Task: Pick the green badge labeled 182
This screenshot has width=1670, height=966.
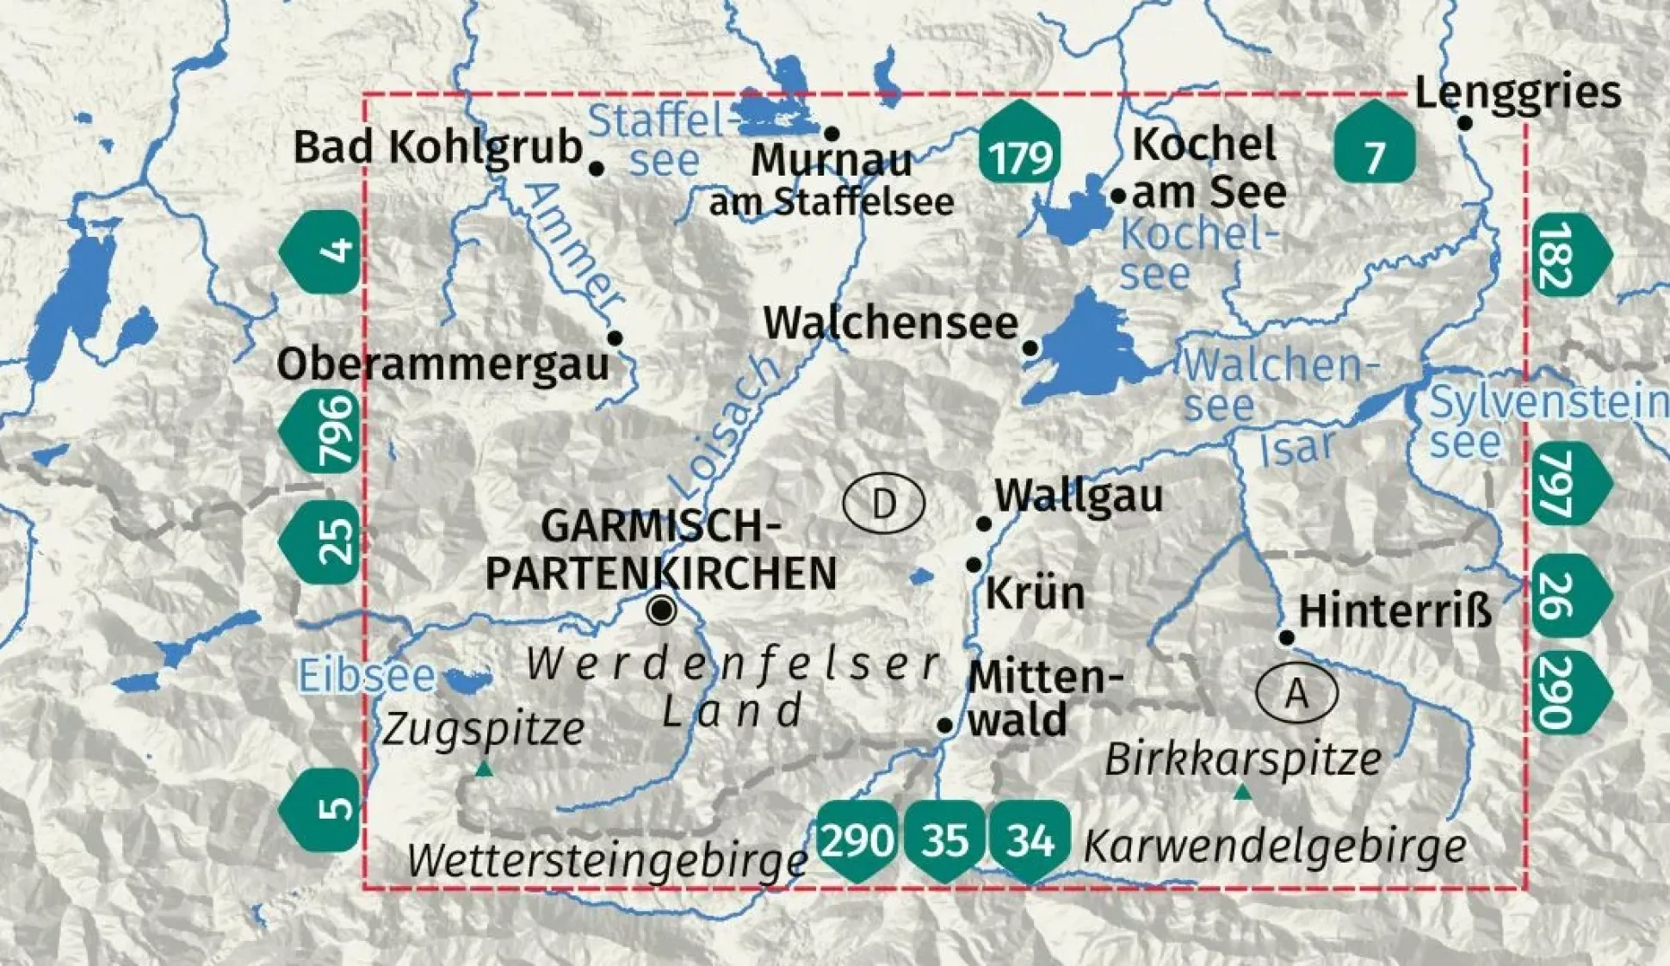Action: click(1568, 255)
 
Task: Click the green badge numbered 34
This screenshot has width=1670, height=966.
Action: click(1030, 840)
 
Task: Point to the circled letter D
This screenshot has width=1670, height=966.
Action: click(883, 504)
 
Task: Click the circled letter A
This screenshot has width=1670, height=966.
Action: click(1296, 693)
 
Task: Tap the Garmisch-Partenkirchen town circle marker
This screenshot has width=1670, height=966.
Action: click(662, 610)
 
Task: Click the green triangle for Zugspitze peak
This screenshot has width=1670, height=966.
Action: click(484, 769)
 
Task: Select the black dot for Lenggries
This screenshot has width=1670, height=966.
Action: click(1464, 123)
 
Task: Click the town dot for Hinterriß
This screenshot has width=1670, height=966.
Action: click(1286, 637)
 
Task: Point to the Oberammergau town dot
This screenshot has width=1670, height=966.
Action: click(615, 337)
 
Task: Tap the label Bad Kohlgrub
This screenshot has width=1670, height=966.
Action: click(438, 146)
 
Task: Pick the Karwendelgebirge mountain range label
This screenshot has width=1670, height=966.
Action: click(1274, 846)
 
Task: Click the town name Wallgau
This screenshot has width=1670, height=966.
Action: click(1078, 496)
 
